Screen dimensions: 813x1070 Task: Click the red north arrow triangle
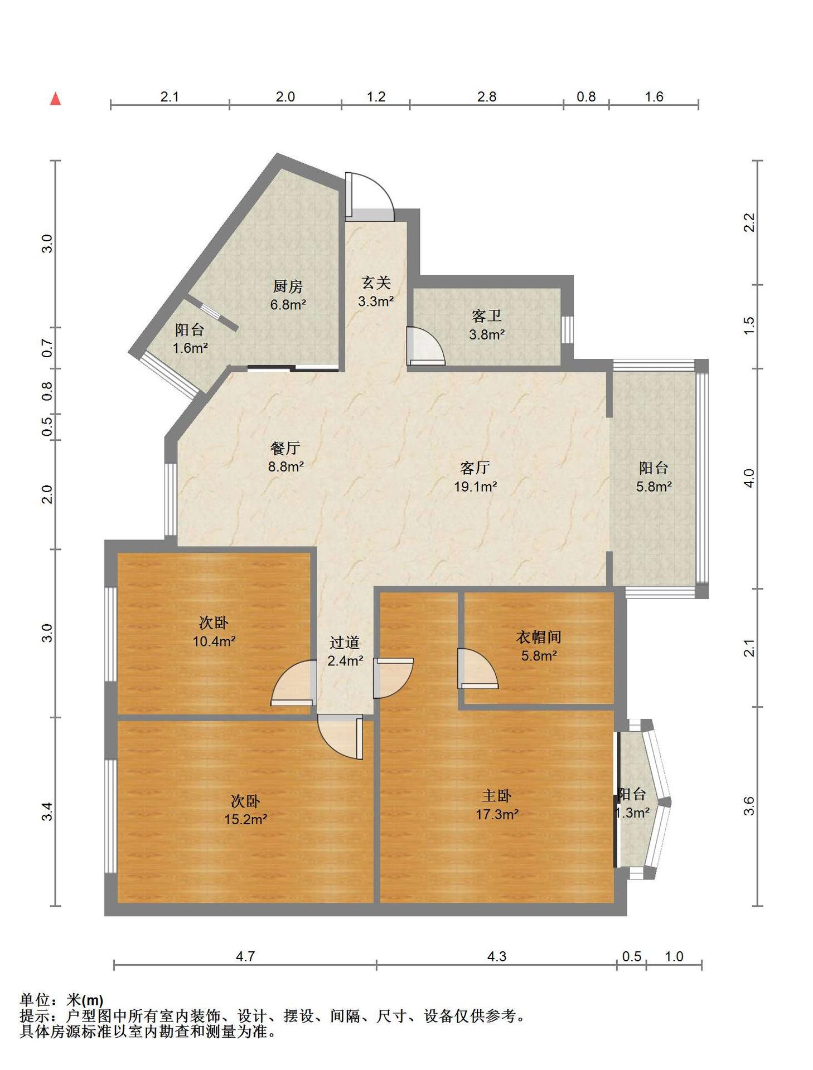pyautogui.click(x=55, y=99)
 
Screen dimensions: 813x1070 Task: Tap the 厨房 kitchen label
pyautogui.click(x=288, y=286)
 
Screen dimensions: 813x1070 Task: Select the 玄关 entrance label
pyautogui.click(x=376, y=283)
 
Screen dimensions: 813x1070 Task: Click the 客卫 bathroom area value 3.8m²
pyautogui.click(x=487, y=334)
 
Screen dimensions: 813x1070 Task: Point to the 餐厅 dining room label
pyautogui.click(x=285, y=448)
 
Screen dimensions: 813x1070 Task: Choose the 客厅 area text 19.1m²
pyautogui.click(x=475, y=487)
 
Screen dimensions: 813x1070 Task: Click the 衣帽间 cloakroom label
pyautogui.click(x=538, y=637)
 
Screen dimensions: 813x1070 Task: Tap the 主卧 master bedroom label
pyautogui.click(x=496, y=795)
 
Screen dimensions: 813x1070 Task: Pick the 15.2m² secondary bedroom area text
pyautogui.click(x=245, y=819)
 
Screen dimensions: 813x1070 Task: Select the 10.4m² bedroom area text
pyautogui.click(x=214, y=641)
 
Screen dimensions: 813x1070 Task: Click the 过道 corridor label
pyautogui.click(x=344, y=643)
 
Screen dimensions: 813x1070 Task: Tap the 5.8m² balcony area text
pyautogui.click(x=654, y=487)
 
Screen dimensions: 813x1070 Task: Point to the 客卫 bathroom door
pyautogui.click(x=425, y=346)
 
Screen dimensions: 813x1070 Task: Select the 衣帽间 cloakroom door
pyautogui.click(x=477, y=668)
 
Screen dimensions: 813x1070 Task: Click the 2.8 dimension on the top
pyautogui.click(x=486, y=96)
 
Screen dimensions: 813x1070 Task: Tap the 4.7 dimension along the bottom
pyautogui.click(x=245, y=956)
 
